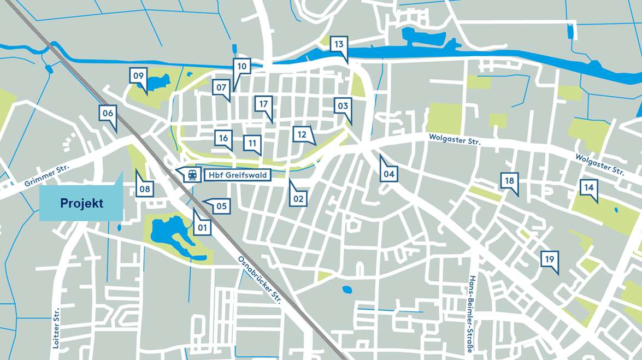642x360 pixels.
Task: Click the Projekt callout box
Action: click(81, 203)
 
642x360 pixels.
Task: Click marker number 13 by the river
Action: click(339, 44)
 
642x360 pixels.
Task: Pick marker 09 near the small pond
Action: click(138, 76)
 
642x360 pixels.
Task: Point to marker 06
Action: click(108, 114)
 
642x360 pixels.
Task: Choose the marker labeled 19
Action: click(549, 259)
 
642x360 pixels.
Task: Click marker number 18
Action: click(509, 181)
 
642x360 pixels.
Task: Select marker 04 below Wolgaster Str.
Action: click(388, 174)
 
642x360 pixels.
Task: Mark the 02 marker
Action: click(298, 198)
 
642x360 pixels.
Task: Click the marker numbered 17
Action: click(263, 104)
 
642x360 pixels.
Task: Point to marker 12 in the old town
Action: click(302, 134)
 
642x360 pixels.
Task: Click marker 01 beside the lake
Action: click(202, 227)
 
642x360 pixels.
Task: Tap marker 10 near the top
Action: click(242, 67)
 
